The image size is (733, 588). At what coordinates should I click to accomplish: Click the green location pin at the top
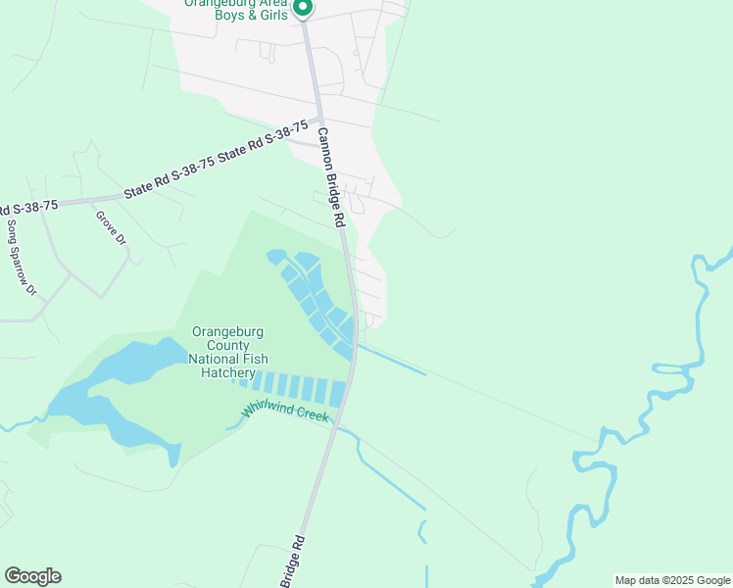coord(303,8)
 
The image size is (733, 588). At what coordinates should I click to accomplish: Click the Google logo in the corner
coord(32,576)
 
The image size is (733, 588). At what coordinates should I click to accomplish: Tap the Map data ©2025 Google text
coord(671,580)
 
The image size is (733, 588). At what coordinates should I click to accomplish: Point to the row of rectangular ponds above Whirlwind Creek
coord(294,386)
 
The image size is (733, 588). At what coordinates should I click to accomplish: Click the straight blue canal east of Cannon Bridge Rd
coord(392,359)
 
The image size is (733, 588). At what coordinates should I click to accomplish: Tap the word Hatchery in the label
coord(228,372)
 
